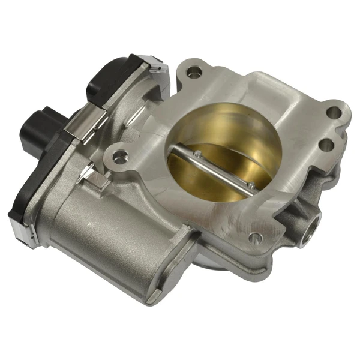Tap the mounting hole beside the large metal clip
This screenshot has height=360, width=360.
tap(120, 157)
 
